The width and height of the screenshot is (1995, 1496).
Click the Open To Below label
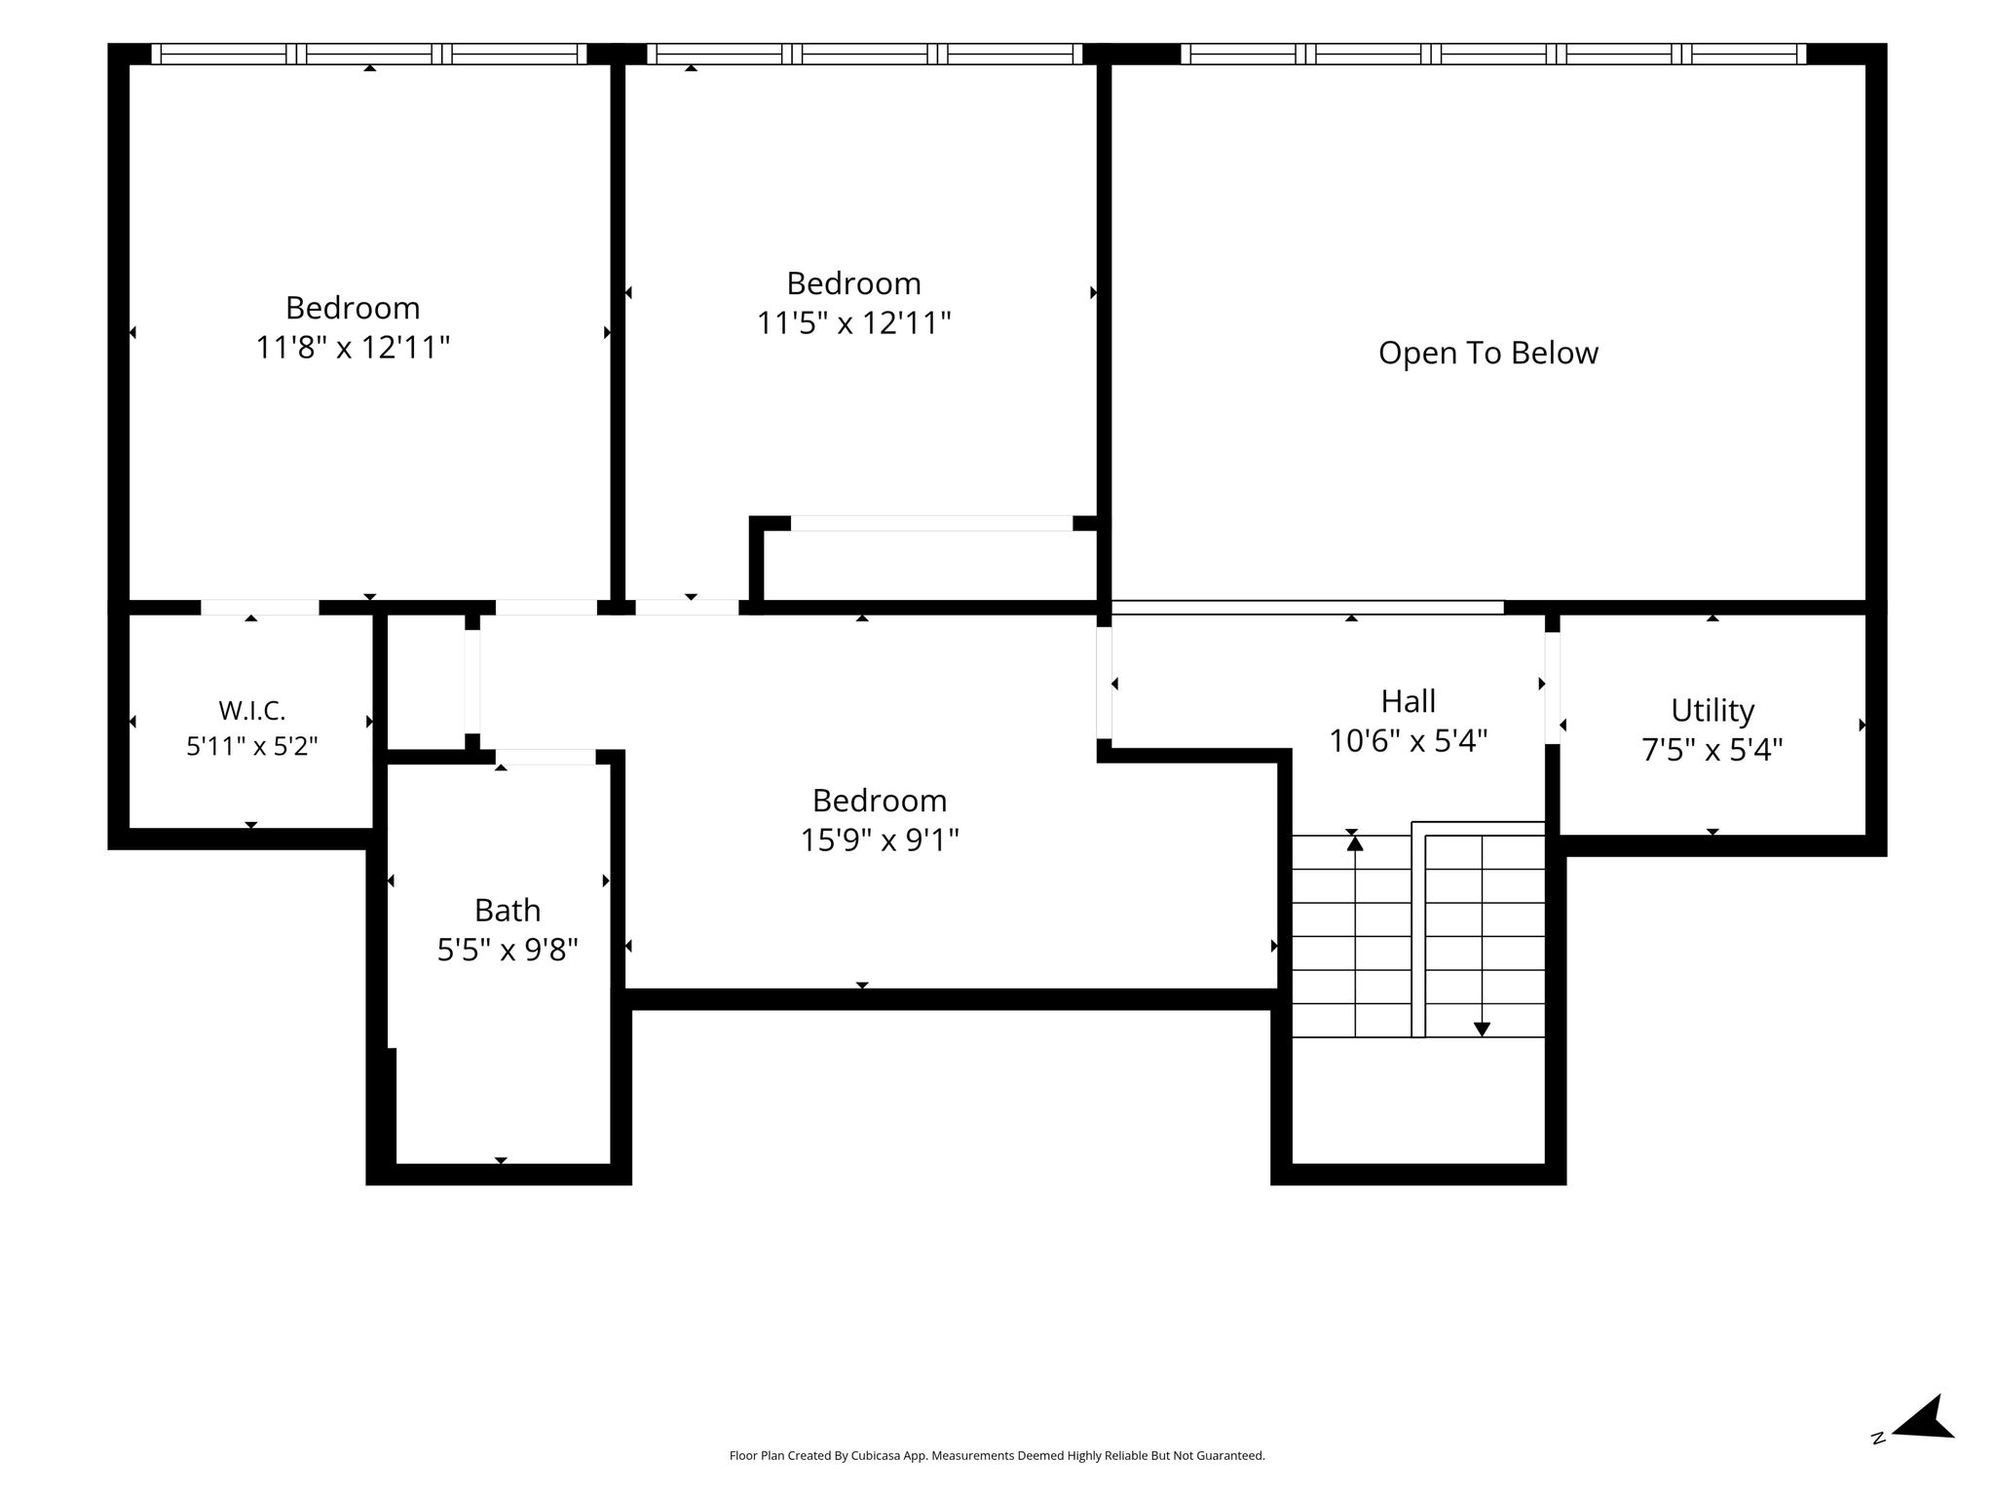pyautogui.click(x=1487, y=353)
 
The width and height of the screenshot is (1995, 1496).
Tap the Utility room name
pyautogui.click(x=1713, y=710)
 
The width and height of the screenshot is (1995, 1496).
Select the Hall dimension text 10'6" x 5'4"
pyautogui.click(x=1409, y=741)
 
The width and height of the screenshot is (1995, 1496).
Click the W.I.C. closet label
pyautogui.click(x=252, y=710)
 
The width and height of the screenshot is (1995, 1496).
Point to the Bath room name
pyautogui.click(x=508, y=910)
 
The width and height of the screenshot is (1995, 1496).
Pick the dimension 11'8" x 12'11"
pyautogui.click(x=353, y=347)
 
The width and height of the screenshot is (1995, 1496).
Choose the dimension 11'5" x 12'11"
pyautogui.click(x=854, y=322)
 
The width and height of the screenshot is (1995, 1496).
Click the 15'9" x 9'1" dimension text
pyautogui.click(x=880, y=840)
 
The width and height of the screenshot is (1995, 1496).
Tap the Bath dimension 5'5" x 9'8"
pyautogui.click(x=508, y=950)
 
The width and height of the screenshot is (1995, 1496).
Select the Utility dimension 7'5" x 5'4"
pyautogui.click(x=1713, y=750)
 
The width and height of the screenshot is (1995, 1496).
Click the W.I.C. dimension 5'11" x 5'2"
pyautogui.click(x=252, y=746)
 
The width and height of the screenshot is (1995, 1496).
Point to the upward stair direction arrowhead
pyautogui.click(x=1355, y=842)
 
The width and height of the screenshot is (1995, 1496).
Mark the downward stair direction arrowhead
pyautogui.click(x=1482, y=1028)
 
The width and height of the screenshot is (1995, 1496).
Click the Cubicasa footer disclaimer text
pyautogui.click(x=997, y=1456)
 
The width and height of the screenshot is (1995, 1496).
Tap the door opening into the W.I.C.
pyautogui.click(x=260, y=608)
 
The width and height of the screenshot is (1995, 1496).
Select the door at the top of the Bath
pyautogui.click(x=546, y=757)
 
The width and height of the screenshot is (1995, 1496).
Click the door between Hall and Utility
pyautogui.click(x=1552, y=689)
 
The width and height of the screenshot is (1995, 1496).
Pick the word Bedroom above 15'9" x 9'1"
pyautogui.click(x=880, y=801)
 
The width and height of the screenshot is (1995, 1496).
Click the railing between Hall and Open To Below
pyautogui.click(x=1307, y=608)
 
